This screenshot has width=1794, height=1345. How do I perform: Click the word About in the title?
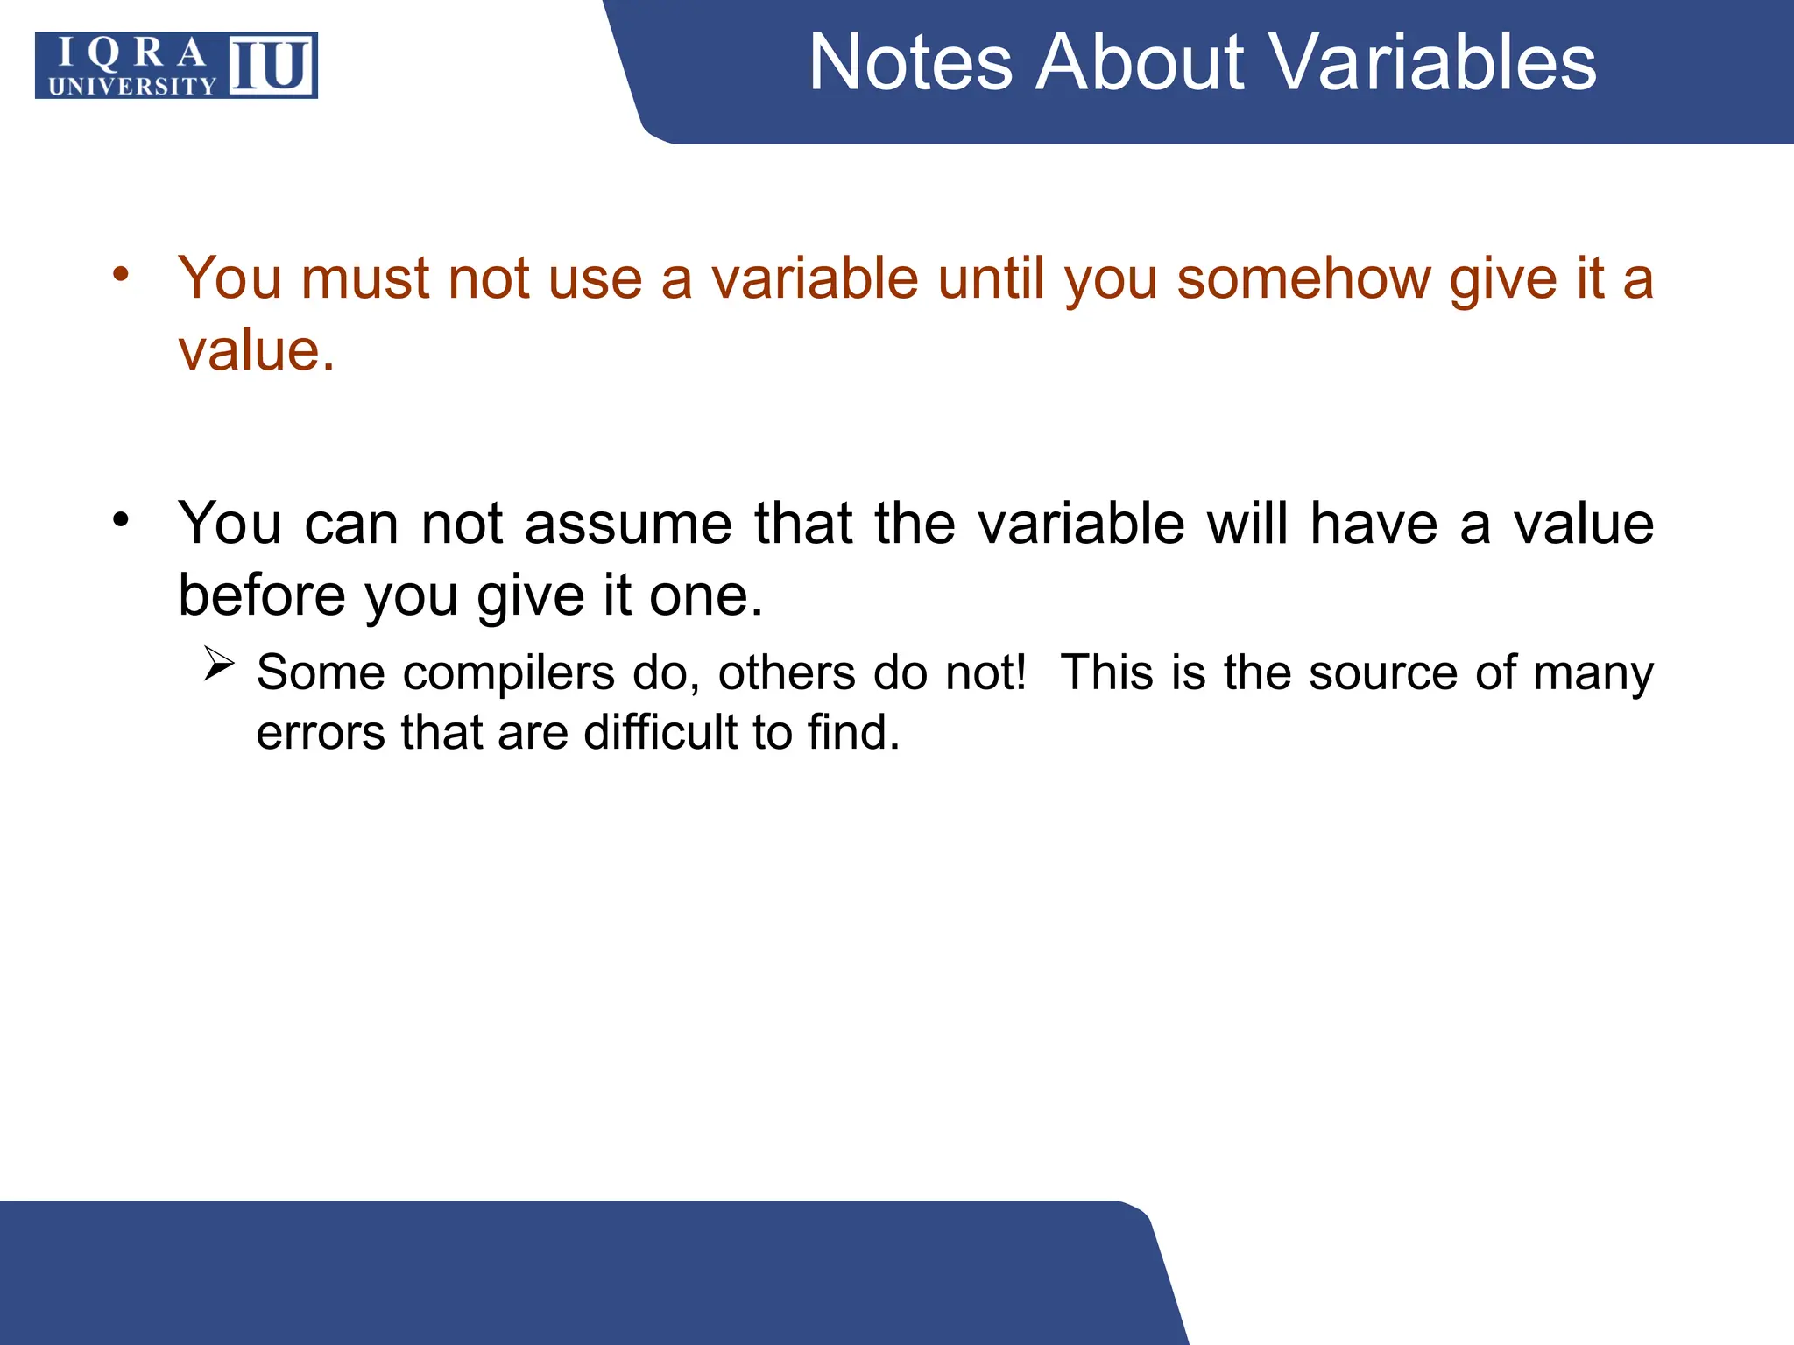(x=1140, y=63)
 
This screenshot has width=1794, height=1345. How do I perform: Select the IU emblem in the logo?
(x=272, y=66)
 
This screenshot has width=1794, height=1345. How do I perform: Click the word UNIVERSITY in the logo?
(x=132, y=86)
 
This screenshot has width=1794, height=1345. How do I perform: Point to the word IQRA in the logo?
(x=132, y=53)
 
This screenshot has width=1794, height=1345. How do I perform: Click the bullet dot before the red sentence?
(x=121, y=273)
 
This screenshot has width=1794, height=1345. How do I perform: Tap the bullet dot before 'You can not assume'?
(x=121, y=518)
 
